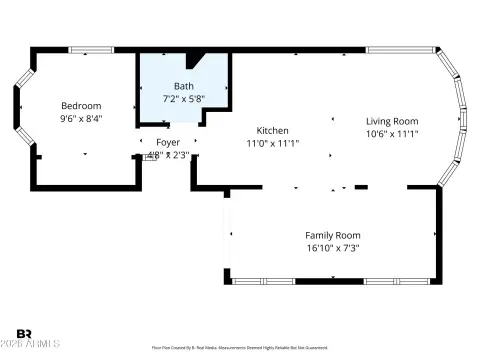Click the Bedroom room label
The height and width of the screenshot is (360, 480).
click(81, 106)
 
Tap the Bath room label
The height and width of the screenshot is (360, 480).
click(184, 86)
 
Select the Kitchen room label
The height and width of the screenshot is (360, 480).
click(272, 131)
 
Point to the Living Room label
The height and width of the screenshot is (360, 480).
click(391, 121)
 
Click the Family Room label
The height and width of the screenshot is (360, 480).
click(332, 235)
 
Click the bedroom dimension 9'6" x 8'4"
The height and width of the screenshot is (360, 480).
click(81, 118)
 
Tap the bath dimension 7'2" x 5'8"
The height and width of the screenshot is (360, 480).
click(184, 98)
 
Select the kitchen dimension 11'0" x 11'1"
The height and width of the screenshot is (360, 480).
click(273, 143)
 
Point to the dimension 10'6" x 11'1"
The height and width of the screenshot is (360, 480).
click(391, 133)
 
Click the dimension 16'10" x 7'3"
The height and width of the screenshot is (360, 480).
click(332, 247)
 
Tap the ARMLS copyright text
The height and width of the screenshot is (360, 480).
click(31, 345)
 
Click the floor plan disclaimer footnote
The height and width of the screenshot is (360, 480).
click(240, 347)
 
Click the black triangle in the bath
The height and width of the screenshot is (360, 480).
click(194, 59)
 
